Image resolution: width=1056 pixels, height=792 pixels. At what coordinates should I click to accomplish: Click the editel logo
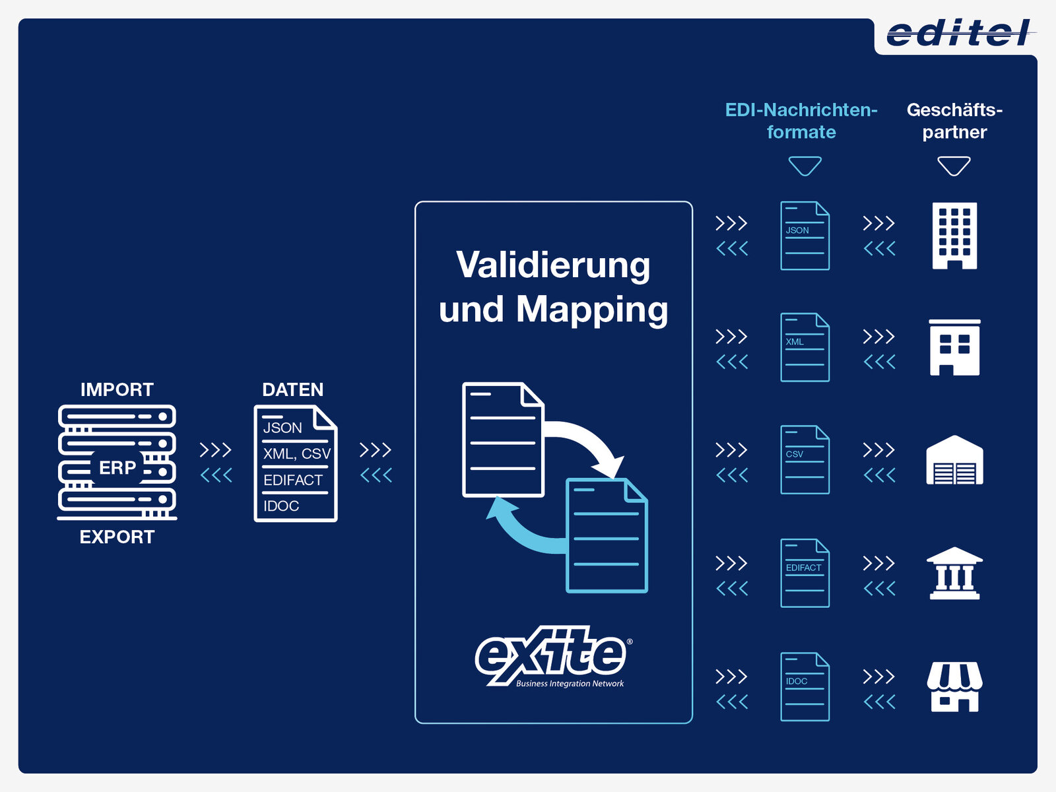coord(959,34)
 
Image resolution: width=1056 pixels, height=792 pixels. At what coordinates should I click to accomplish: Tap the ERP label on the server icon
coord(117,467)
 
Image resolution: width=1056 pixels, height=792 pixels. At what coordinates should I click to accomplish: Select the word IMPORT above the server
coord(117,389)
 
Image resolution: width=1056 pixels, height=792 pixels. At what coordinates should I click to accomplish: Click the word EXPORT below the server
coord(117,537)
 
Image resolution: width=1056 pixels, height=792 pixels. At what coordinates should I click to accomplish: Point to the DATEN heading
coord(292,389)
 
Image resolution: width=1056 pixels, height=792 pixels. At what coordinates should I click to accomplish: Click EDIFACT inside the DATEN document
coord(293,480)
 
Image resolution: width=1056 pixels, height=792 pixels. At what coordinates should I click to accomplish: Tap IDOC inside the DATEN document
coord(281,506)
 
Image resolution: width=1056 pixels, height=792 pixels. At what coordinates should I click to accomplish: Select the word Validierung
coord(553,265)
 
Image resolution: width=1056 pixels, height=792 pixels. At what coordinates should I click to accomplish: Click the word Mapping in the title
coord(592,309)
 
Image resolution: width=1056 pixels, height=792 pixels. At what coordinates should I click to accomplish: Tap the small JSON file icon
coord(805,236)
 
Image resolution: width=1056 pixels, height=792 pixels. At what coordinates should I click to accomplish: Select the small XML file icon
coord(805,347)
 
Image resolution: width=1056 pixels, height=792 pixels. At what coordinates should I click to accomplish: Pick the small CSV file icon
coord(805,459)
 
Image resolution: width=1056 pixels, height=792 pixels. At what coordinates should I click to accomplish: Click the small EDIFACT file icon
coord(805,573)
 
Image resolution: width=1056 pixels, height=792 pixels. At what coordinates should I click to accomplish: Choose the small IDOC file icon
coord(805,686)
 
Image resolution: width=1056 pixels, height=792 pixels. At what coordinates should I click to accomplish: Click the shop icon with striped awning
coord(954,686)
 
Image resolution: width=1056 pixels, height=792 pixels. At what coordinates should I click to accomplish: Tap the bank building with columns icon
coord(954,573)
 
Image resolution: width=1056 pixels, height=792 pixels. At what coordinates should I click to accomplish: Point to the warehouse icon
coord(954,460)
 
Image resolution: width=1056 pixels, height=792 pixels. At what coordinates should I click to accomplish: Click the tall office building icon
coord(954,236)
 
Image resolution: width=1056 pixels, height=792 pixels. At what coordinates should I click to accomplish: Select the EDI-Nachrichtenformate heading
coord(801,121)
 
